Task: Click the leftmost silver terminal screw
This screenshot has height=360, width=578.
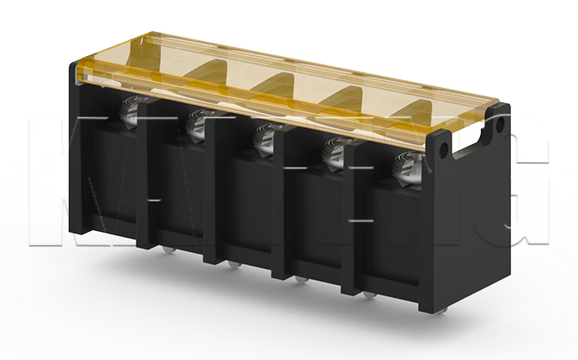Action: [x=132, y=110]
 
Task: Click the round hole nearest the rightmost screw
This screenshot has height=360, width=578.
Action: [x=442, y=149]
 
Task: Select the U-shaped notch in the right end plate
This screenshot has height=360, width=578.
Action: [x=470, y=147]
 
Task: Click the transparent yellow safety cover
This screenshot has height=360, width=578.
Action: [x=285, y=71]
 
